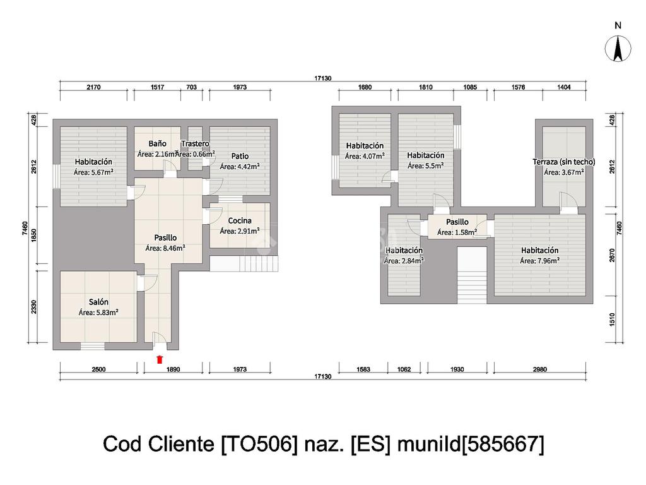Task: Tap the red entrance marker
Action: point(160,359)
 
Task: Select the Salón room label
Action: point(98,302)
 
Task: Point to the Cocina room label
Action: point(240,220)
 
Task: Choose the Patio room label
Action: point(240,156)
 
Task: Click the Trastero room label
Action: point(195,144)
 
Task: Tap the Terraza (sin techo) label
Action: point(564,162)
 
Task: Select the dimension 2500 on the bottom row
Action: point(98,369)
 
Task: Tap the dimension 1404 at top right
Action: point(563,87)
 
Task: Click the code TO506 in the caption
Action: point(259,445)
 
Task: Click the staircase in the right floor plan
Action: point(472,276)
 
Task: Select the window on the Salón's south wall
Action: point(92,346)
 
